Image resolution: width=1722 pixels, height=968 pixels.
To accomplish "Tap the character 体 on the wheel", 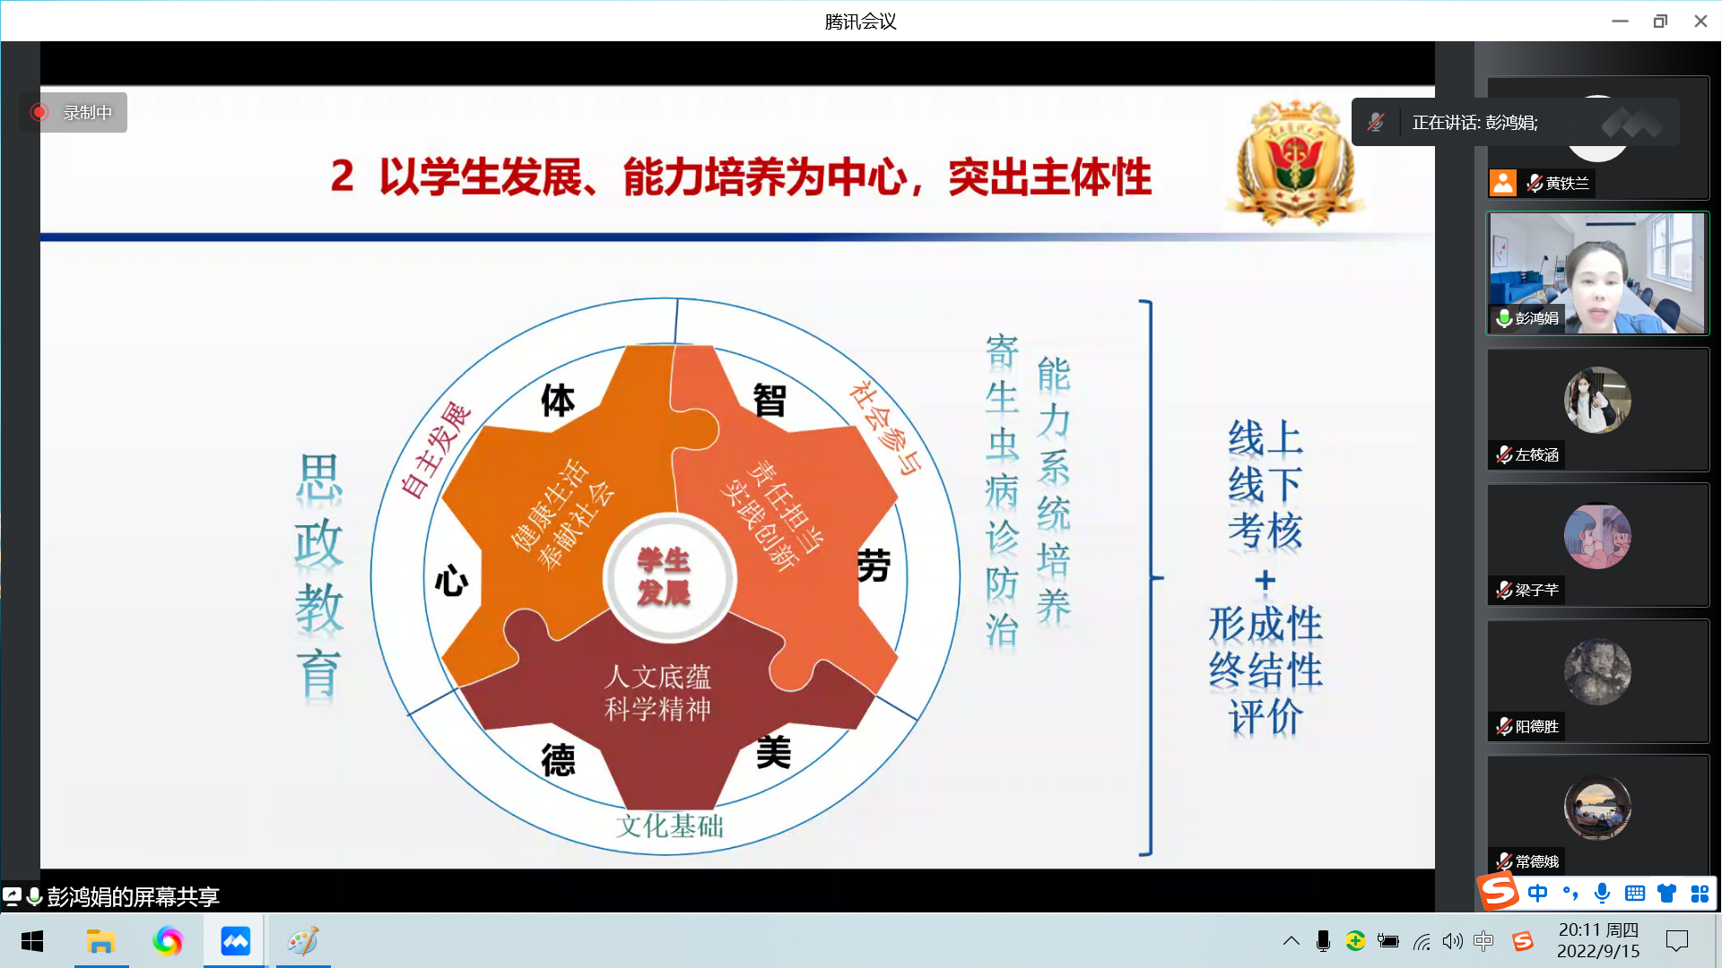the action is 558,401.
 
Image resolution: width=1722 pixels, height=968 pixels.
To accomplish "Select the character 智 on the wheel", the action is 770,401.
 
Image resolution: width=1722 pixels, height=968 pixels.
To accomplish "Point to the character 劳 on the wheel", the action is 874,566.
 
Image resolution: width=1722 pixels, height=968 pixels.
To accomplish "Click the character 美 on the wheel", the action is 773,752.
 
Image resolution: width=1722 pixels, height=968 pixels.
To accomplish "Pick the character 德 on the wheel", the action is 558,760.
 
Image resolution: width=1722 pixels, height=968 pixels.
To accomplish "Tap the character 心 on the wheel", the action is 451,581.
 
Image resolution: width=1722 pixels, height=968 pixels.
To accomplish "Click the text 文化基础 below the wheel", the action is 669,825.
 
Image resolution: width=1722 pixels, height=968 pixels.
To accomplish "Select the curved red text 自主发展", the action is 435,449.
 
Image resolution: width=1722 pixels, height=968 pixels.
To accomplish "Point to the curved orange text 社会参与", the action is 886,427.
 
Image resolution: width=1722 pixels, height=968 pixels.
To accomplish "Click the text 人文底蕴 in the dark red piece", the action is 657,677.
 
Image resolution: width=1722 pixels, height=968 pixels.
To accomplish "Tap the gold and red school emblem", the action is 1295,161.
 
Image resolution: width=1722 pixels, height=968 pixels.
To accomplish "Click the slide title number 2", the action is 342,176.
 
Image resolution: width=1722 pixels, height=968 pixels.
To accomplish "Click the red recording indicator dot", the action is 39,112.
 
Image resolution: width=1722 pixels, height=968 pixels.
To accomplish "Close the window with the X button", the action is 1700,21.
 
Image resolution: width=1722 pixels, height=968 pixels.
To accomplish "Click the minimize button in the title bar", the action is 1620,21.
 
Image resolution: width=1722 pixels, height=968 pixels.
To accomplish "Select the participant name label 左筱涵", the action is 1537,455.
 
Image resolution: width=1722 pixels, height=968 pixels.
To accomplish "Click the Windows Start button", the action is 32,941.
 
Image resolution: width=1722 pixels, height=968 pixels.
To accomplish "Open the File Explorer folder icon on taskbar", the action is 100,941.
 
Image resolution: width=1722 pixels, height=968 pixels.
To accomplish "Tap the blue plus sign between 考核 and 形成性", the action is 1265,581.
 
